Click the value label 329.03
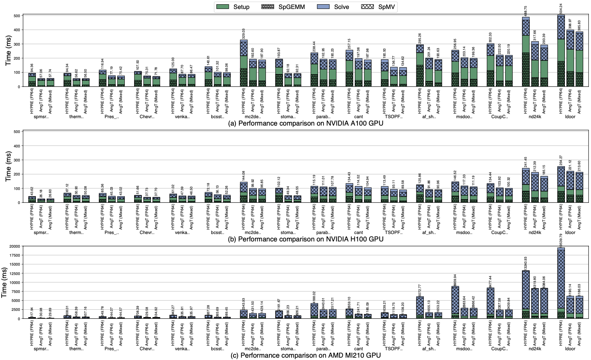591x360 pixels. (244, 34)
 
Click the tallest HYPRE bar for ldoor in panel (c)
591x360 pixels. (561, 283)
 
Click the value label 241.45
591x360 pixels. (526, 162)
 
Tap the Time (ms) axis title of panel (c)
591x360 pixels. (4, 283)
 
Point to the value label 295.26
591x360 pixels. (419, 38)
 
